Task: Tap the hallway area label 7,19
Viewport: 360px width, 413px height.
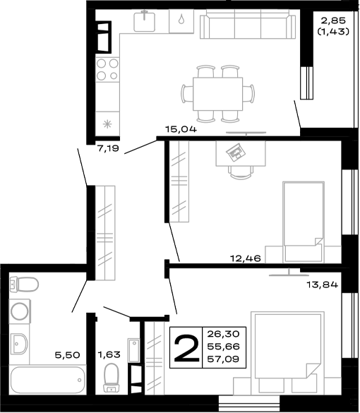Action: (x=109, y=149)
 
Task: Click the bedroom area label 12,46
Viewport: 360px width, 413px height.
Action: (x=246, y=259)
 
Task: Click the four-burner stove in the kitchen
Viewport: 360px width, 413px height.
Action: (x=108, y=70)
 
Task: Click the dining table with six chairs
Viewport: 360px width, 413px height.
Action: (x=217, y=93)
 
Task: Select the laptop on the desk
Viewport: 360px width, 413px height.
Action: (x=234, y=151)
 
